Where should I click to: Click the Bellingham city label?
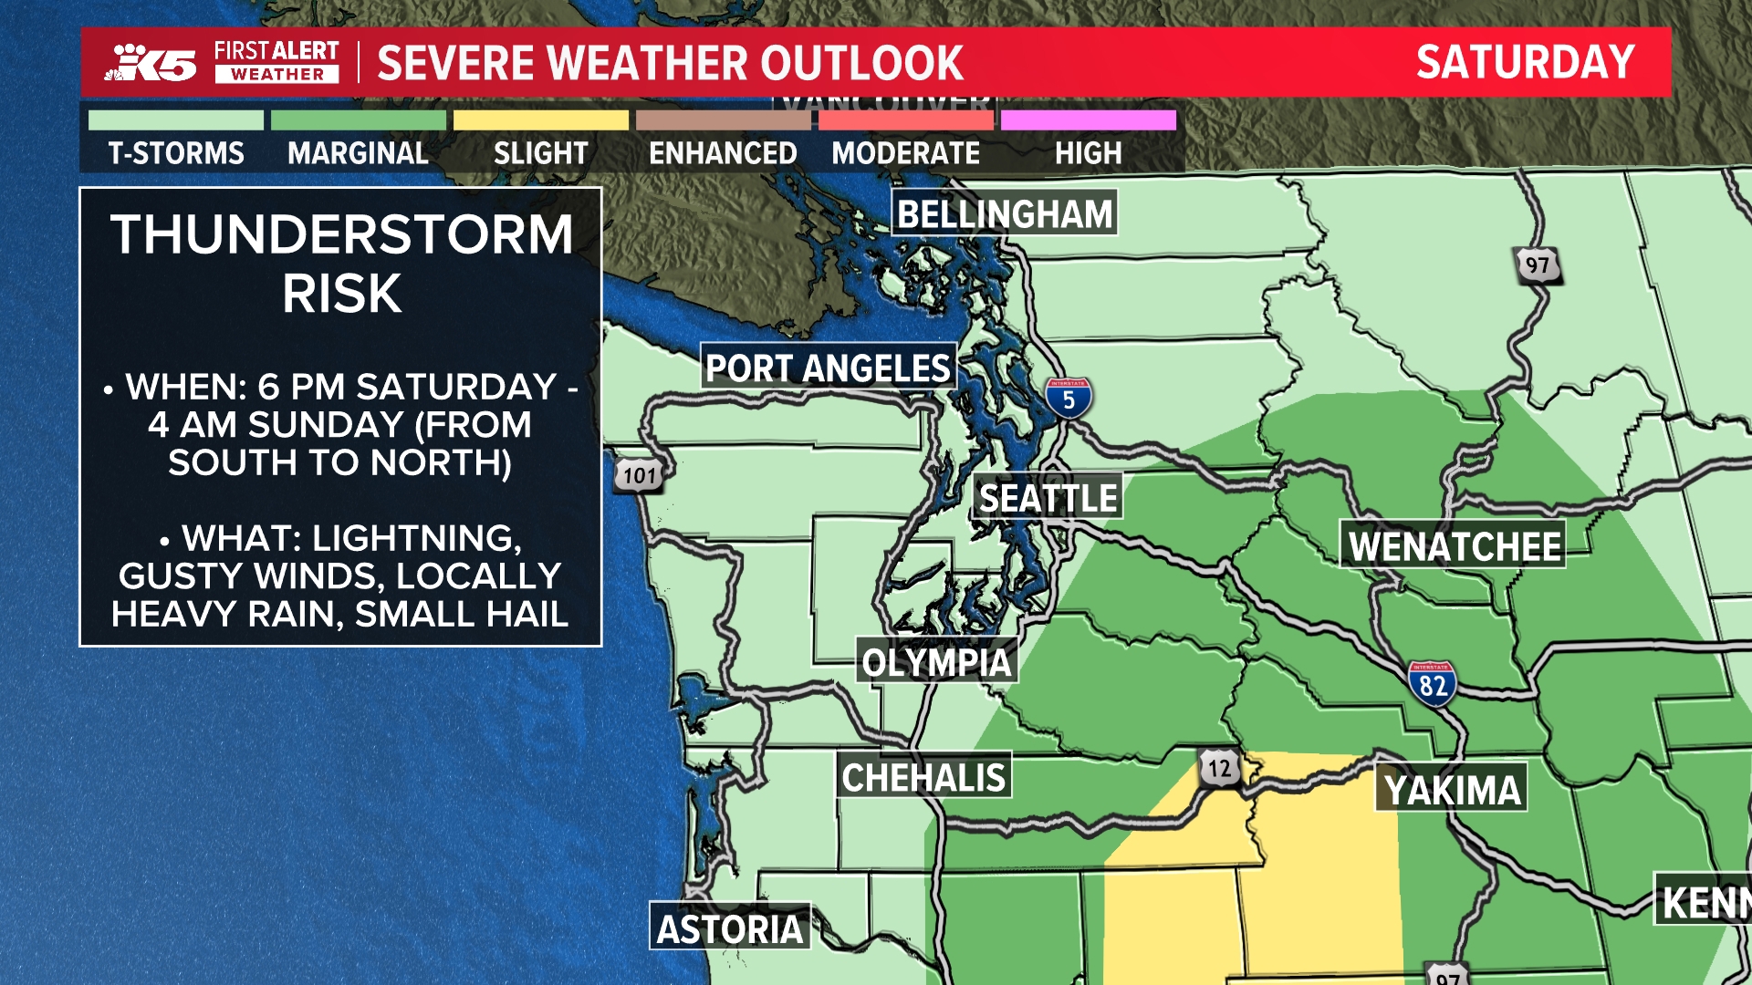click(1004, 214)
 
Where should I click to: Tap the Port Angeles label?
click(828, 368)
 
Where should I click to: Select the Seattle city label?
click(1048, 498)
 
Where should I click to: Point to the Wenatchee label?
click(1454, 546)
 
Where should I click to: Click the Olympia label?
click(936, 662)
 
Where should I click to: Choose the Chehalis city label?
click(923, 777)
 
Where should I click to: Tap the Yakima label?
click(1452, 790)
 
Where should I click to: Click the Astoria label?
click(730, 928)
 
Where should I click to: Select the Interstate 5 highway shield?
click(1068, 399)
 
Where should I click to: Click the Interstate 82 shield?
click(1431, 682)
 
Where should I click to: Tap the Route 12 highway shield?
click(1219, 768)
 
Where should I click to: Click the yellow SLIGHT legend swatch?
click(540, 120)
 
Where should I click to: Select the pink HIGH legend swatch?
click(1088, 120)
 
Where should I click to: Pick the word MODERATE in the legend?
click(905, 153)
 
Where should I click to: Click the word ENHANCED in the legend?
click(723, 153)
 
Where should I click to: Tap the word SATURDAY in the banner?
click(1525, 62)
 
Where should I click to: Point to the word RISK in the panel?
click(341, 294)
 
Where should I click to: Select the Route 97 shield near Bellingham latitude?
click(1537, 265)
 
